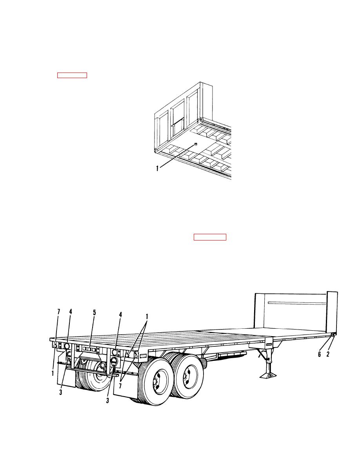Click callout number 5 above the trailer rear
95,313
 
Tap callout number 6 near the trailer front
319,354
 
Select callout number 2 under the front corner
328,354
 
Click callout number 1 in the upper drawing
157,169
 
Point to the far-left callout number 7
58,312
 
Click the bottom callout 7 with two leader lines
120,386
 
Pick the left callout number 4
71,312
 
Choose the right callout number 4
120,315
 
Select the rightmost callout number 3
107,400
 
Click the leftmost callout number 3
61,392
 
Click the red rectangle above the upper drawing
72,75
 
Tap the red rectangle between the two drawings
210,237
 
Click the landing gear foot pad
269,376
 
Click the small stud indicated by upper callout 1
195,144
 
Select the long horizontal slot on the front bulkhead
297,303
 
